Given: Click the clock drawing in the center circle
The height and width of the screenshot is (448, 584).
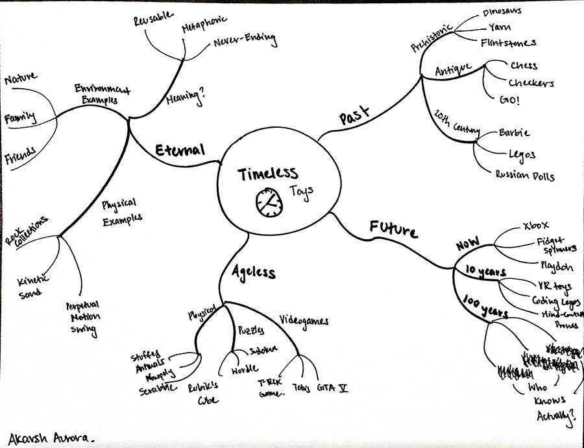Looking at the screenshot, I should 268,203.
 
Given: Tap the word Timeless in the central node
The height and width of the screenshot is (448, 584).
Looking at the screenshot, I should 267,174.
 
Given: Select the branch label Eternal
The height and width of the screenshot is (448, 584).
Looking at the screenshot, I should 180,149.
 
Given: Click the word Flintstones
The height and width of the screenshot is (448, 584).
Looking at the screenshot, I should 508,43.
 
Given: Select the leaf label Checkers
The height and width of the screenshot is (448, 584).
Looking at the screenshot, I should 531,83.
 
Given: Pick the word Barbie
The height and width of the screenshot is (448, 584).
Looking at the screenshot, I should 515,133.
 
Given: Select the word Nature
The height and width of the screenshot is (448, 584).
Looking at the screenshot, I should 22,80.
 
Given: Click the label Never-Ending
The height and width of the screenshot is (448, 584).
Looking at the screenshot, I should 245,41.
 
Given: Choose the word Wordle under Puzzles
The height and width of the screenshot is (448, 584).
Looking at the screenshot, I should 245,371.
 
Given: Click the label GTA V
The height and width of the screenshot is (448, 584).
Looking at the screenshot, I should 333,388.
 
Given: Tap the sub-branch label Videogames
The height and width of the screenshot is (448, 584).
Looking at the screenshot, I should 304,320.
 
